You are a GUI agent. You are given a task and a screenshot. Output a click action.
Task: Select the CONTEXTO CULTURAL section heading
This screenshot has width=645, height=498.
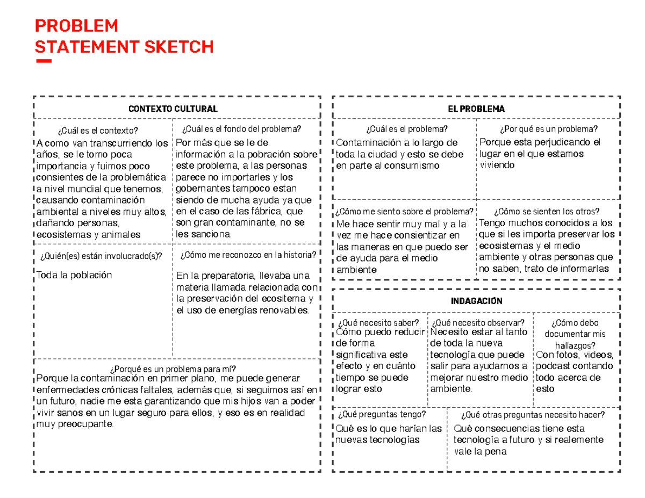point(173,109)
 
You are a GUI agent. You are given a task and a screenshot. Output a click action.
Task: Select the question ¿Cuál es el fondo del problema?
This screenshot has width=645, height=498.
point(242,129)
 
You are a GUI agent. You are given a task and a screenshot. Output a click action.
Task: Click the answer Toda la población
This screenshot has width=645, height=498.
point(74,275)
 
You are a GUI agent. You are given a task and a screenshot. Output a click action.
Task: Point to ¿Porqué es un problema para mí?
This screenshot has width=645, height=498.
point(173,369)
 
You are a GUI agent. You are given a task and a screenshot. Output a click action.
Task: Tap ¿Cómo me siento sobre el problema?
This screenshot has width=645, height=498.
point(405,211)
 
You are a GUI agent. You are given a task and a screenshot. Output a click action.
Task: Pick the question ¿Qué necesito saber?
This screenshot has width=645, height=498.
point(378,322)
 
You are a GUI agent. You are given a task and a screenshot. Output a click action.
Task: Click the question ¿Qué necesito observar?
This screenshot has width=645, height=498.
point(478,322)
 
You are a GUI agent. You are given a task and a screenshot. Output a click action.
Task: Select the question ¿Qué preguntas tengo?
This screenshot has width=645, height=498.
point(382,414)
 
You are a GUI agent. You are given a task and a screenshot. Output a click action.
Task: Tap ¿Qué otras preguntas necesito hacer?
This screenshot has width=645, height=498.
point(533,414)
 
